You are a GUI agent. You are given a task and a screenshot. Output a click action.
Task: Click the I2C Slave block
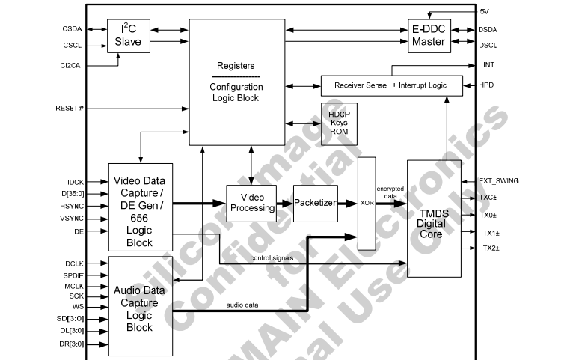click(x=129, y=36)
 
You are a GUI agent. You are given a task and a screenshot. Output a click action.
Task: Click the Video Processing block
click(x=251, y=202)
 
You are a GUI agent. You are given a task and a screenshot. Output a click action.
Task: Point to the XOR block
click(x=367, y=203)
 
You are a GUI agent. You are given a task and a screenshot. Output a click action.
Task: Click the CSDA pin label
click(x=73, y=29)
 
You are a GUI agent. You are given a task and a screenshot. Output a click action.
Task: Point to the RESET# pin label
click(x=70, y=109)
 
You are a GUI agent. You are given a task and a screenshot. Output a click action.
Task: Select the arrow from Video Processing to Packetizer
click(x=285, y=203)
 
